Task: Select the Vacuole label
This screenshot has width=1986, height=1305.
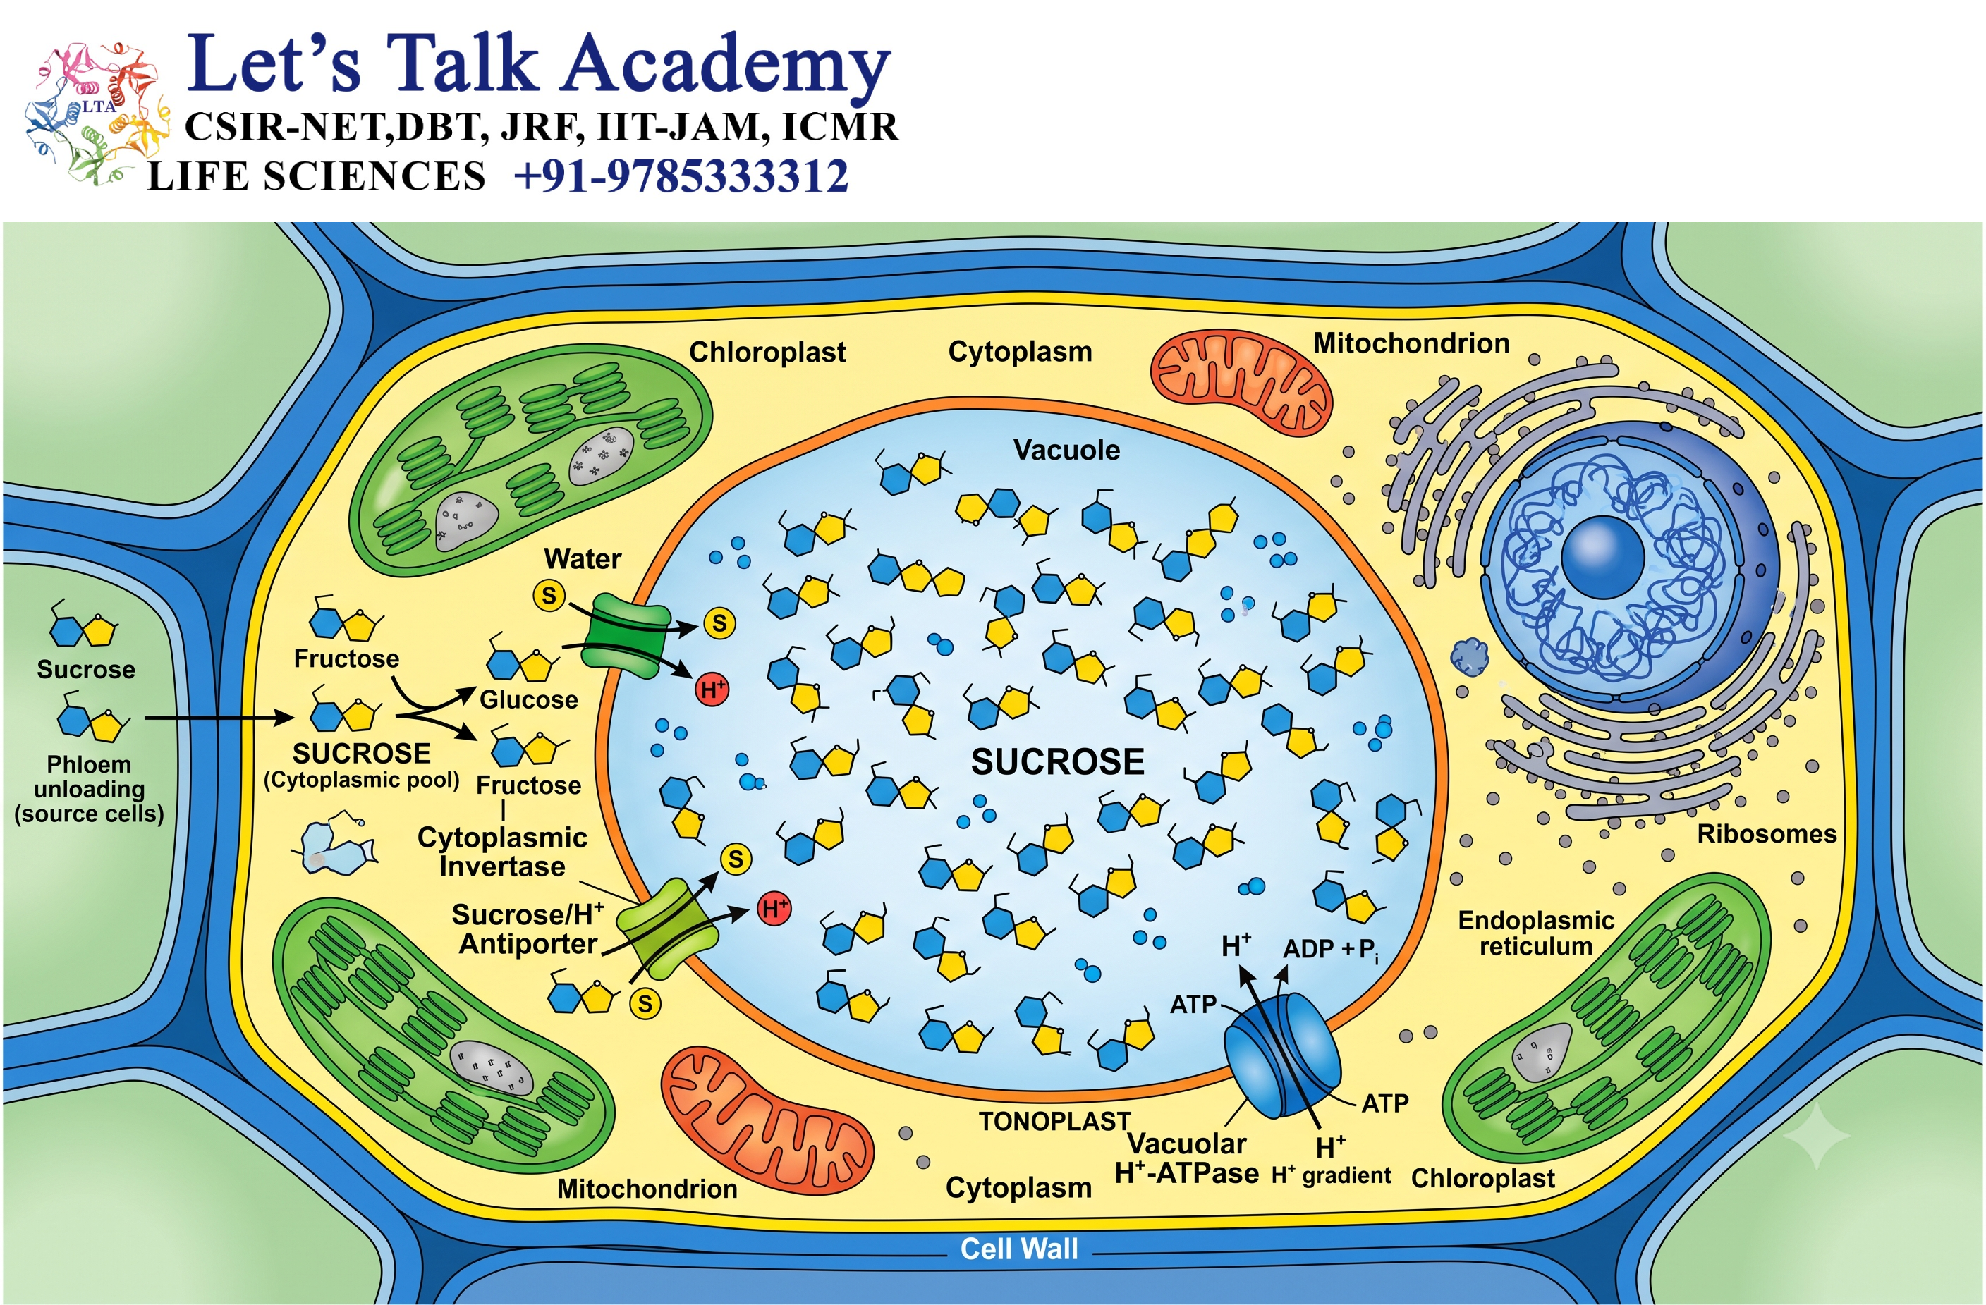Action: coord(1066,451)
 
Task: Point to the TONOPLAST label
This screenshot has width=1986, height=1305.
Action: coord(1055,1122)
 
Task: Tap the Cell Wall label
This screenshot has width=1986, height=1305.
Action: coord(1019,1249)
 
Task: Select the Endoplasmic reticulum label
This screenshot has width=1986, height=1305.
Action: coord(1535,933)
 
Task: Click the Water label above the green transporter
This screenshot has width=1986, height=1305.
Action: coord(583,559)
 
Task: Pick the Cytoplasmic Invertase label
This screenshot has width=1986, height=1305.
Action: coord(502,852)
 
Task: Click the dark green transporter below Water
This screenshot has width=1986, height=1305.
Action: coord(626,636)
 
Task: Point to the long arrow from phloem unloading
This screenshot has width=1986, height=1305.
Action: coord(219,718)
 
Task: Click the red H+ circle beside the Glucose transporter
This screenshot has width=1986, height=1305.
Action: coord(712,690)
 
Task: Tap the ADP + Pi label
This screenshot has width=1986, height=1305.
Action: coord(1330,950)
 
